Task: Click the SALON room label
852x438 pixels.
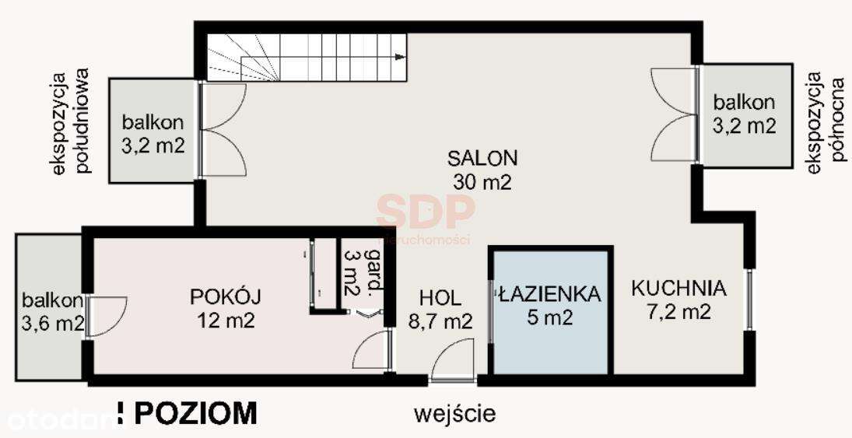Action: pos(482,158)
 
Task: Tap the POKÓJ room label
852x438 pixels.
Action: pos(226,296)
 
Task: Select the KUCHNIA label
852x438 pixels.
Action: pos(678,289)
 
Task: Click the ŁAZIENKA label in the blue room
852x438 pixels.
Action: pos(550,294)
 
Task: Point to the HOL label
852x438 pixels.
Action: pos(440,297)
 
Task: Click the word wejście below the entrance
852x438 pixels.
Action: pos(455,413)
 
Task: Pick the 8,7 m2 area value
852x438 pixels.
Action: pos(440,321)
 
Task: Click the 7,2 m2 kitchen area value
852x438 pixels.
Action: pos(678,313)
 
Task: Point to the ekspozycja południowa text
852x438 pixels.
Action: pos(69,122)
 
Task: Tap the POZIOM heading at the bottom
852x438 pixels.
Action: pos(195,413)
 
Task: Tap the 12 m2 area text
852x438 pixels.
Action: pos(226,320)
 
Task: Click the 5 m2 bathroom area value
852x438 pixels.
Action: pos(550,318)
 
